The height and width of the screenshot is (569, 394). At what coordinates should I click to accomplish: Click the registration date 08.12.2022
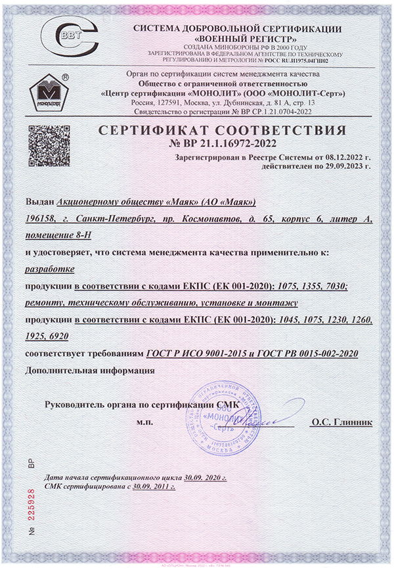pyautogui.click(x=339, y=158)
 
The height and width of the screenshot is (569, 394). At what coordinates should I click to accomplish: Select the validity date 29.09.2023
pyautogui.click(x=339, y=167)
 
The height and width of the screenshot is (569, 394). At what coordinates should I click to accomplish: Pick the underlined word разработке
pyautogui.click(x=49, y=269)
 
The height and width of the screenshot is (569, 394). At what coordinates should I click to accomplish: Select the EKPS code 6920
pyautogui.click(x=72, y=336)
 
